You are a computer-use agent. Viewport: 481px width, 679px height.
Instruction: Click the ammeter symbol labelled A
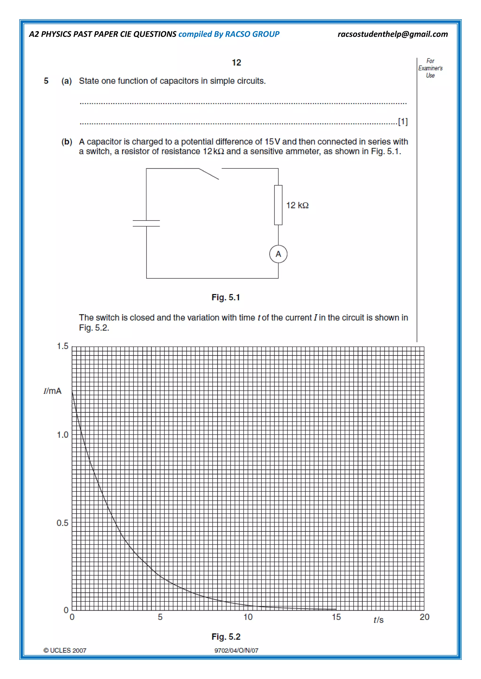pos(278,254)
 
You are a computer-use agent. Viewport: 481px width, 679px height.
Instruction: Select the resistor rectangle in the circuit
pos(278,205)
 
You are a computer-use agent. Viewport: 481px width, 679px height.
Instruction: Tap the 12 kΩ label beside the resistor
pos(297,205)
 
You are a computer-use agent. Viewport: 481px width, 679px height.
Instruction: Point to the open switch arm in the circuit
pos(209,174)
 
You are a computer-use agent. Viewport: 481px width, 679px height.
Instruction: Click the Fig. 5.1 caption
pos(226,297)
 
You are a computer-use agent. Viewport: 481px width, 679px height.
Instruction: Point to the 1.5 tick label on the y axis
pos(62,346)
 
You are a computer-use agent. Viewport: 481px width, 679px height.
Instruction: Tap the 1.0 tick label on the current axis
pos(62,435)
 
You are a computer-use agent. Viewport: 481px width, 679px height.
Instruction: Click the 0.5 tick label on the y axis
pos(62,523)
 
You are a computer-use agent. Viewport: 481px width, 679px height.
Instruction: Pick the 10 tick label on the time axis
pos(248,617)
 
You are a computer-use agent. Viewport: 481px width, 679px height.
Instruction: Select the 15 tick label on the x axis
pos(336,617)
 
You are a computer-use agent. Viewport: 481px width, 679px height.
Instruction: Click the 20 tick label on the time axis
pos(424,617)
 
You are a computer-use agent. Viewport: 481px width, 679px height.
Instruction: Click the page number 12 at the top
pos(236,62)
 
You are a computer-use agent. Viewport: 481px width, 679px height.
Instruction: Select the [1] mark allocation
pos(403,121)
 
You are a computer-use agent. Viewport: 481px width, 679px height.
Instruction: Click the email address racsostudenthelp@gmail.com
pos(392,34)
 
